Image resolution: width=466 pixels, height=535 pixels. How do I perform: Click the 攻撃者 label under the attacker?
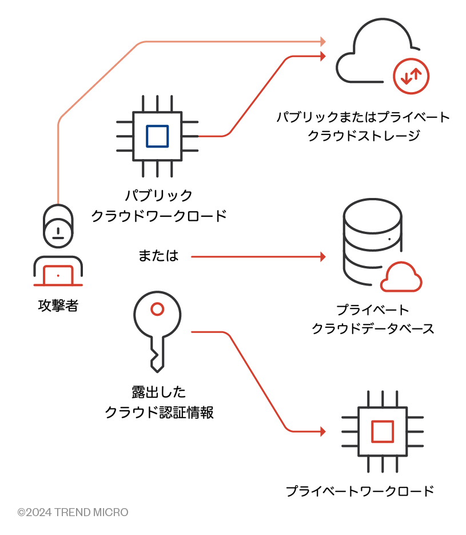click(58, 306)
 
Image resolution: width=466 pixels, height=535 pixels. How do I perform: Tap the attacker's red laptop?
click(58, 275)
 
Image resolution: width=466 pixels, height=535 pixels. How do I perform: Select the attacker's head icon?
click(58, 227)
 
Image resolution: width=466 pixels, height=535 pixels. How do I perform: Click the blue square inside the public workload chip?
click(157, 136)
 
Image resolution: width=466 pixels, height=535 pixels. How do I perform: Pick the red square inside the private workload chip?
click(382, 431)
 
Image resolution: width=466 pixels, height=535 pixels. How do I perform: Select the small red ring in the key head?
click(157, 310)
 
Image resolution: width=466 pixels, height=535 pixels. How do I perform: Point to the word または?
click(158, 256)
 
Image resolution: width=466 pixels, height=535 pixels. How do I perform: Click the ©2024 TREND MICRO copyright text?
click(73, 512)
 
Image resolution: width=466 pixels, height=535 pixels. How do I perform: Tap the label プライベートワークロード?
click(360, 491)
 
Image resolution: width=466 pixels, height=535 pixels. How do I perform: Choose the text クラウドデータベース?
click(372, 328)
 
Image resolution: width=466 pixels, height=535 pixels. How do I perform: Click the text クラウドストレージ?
click(364, 136)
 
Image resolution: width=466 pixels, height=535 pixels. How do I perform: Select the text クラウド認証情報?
click(159, 413)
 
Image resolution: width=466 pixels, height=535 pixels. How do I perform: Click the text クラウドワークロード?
click(159, 216)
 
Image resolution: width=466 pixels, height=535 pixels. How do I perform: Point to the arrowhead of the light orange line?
click(323, 42)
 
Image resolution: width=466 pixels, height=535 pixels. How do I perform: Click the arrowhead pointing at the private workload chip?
click(323, 431)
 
